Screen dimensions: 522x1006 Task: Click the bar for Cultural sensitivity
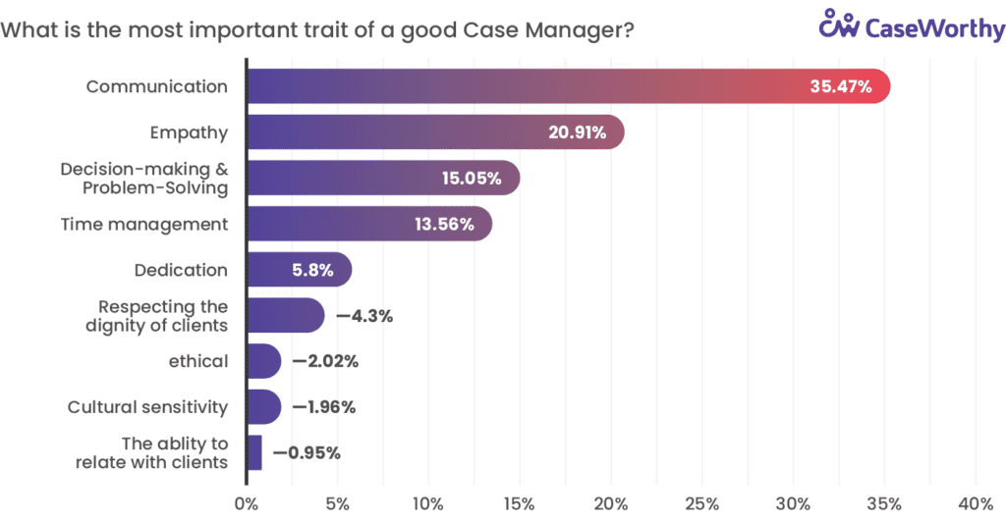coord(263,406)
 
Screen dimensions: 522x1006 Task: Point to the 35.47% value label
coord(840,86)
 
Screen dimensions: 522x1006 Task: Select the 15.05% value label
coord(471,179)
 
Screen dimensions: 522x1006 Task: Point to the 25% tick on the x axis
coord(701,503)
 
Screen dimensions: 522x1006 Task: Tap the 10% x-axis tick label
coord(428,503)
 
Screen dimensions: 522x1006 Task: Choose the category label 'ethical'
coord(198,361)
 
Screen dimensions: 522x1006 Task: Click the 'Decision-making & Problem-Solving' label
coord(144,179)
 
